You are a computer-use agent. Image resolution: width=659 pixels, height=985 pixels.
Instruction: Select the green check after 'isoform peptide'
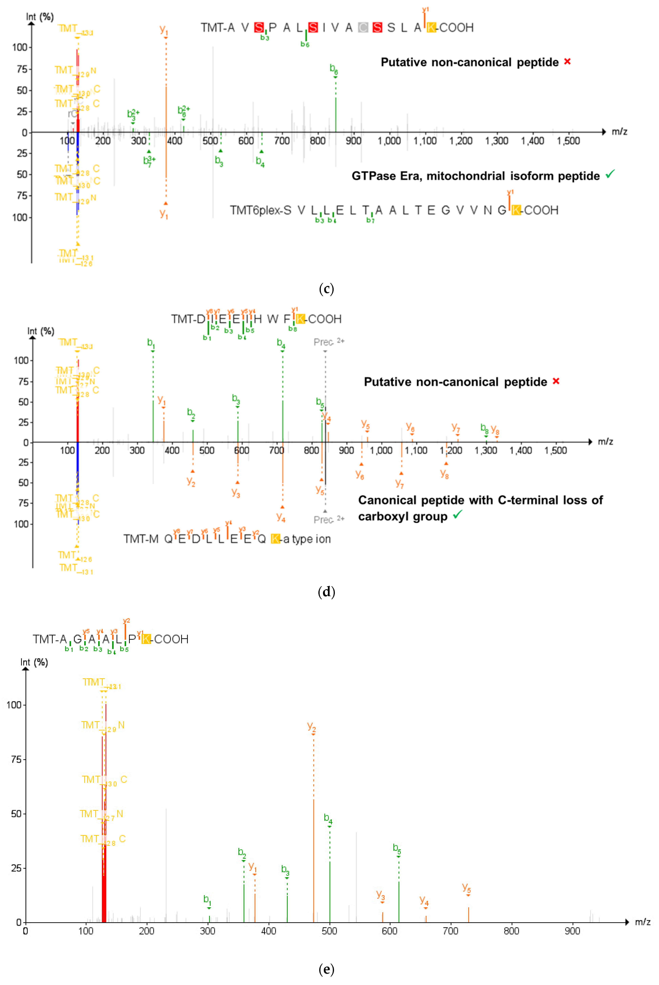(x=610, y=174)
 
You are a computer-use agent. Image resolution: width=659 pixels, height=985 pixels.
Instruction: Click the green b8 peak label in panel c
(x=334, y=68)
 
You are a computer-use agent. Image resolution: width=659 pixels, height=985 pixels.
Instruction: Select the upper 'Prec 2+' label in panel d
(x=329, y=342)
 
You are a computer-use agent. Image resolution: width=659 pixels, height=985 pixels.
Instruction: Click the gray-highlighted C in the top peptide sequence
(x=363, y=28)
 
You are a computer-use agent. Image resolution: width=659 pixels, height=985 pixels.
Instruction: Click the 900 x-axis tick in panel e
(x=572, y=931)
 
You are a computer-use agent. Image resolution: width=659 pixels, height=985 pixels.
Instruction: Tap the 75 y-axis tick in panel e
(x=16, y=759)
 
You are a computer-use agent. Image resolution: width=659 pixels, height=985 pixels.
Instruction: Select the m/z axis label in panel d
(x=605, y=441)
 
